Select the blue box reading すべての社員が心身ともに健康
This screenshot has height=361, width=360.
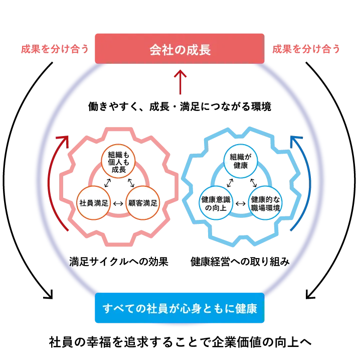(x=179, y=308)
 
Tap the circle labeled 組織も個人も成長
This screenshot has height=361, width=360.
(x=118, y=162)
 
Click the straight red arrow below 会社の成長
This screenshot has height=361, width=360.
(x=179, y=82)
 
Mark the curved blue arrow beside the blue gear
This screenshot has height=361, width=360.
(x=300, y=181)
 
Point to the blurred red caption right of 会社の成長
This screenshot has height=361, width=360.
(x=306, y=49)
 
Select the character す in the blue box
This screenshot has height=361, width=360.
(x=107, y=308)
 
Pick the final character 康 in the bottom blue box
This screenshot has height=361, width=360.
(x=251, y=308)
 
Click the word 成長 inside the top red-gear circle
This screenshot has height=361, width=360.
(x=118, y=170)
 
